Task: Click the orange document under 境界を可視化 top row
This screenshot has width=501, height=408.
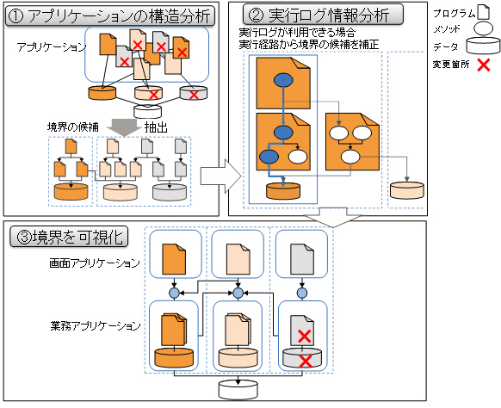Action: pyautogui.click(x=175, y=258)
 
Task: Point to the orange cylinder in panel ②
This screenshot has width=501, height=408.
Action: pyautogui.click(x=284, y=190)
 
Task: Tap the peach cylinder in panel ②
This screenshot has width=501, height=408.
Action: pyautogui.click(x=405, y=191)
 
